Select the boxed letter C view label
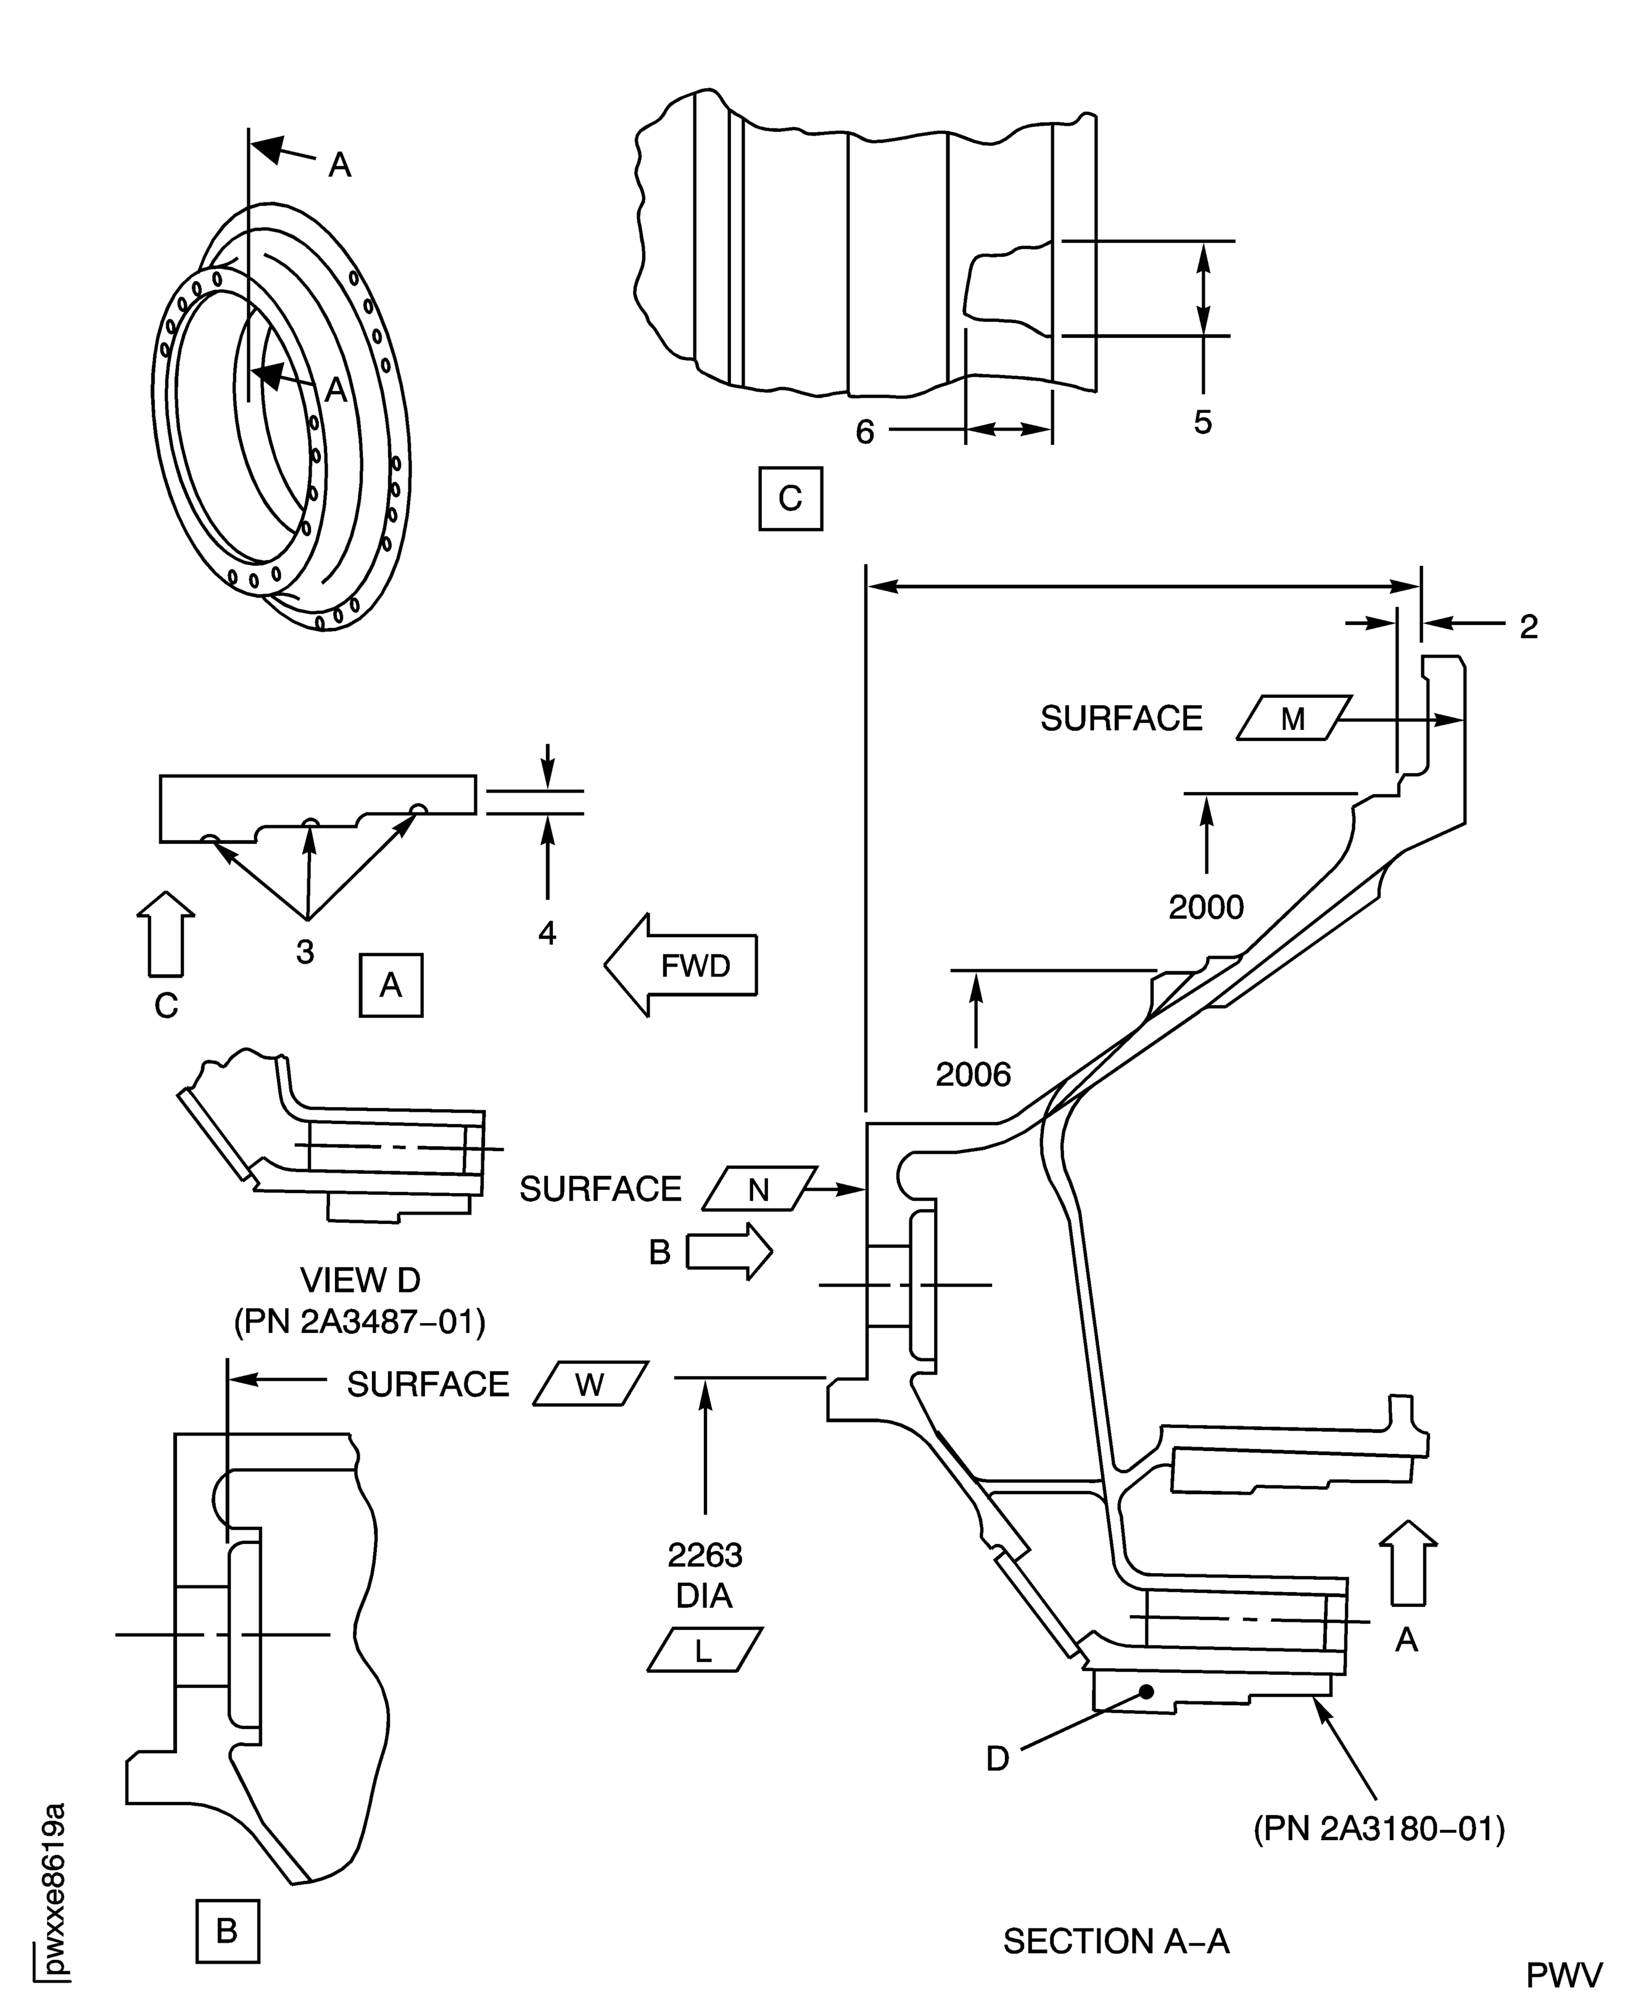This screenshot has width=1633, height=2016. pos(790,498)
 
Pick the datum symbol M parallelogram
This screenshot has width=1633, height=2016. pos(1294,719)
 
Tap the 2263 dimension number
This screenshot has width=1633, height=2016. pos(705,1556)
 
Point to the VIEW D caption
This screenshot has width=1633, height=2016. pos(360,1279)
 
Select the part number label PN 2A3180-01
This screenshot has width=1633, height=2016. pos(1379,1829)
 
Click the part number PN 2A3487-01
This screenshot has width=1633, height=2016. pos(360,1322)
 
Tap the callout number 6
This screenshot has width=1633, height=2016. pos(864,432)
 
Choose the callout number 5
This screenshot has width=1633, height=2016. pos(1202,423)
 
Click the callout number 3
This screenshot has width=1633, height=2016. pos(305,952)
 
